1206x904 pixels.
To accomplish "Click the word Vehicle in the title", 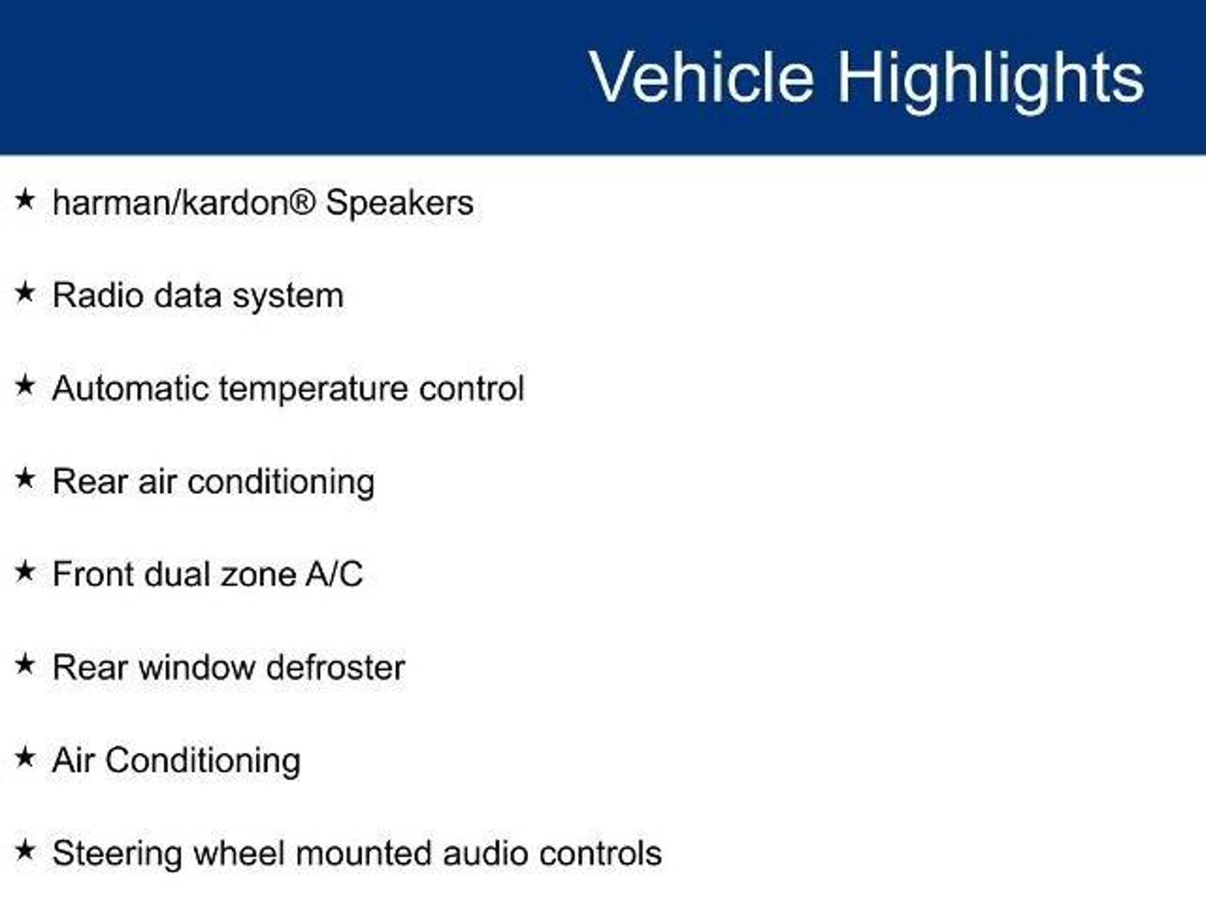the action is pyautogui.click(x=702, y=77).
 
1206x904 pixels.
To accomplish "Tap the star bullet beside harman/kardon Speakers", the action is pyautogui.click(x=25, y=199).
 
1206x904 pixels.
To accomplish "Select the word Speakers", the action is pyautogui.click(x=400, y=203).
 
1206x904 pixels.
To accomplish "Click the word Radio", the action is pyautogui.click(x=97, y=295).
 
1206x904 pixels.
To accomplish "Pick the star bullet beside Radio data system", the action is pyautogui.click(x=25, y=292).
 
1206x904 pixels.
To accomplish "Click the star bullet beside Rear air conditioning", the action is pyautogui.click(x=25, y=478).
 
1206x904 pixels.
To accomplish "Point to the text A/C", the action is pyautogui.click(x=334, y=574).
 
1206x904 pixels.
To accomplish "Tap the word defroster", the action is pyautogui.click(x=336, y=667).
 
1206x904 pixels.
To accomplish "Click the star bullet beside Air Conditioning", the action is pyautogui.click(x=25, y=757).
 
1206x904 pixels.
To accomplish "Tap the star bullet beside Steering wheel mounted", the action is pyautogui.click(x=25, y=850).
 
